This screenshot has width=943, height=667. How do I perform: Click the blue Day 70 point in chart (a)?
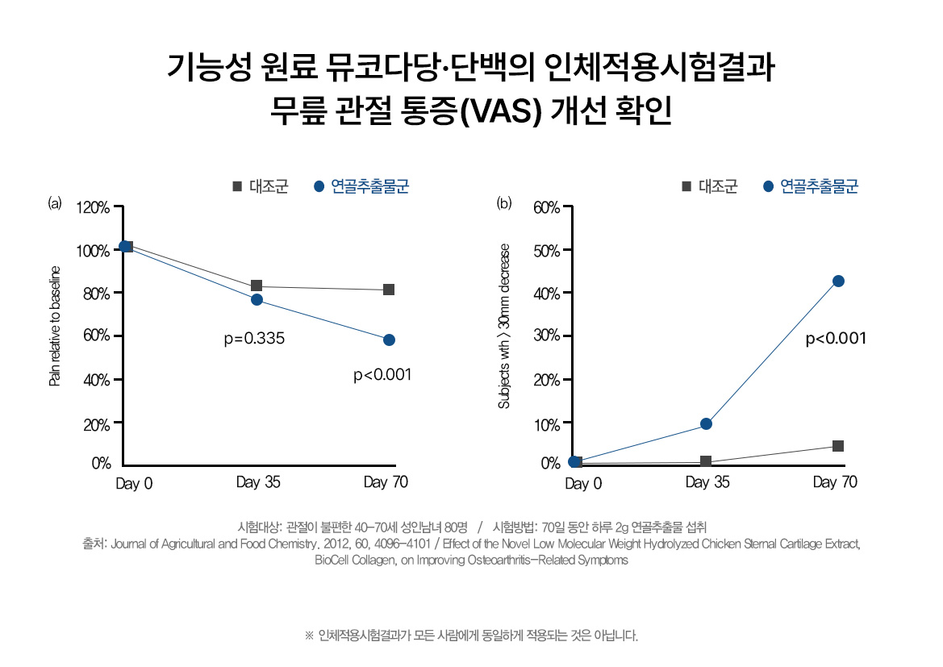[x=389, y=340]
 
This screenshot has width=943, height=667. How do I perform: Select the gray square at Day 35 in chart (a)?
[x=257, y=286]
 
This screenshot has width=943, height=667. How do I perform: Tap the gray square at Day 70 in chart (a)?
[x=389, y=290]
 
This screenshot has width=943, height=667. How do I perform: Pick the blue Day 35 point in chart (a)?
[x=257, y=299]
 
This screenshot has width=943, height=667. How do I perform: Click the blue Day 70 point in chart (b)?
[x=838, y=281]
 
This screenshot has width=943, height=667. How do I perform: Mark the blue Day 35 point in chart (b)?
[x=706, y=423]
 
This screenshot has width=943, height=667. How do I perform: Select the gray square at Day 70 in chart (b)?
[x=838, y=446]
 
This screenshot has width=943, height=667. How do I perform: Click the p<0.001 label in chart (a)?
[x=382, y=375]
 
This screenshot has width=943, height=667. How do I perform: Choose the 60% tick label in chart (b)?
[x=545, y=208]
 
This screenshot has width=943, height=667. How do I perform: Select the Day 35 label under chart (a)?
[x=259, y=482]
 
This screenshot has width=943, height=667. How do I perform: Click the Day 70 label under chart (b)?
[x=835, y=482]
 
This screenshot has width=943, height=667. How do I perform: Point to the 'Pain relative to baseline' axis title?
[x=55, y=325]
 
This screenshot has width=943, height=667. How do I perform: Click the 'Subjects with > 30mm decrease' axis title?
[x=504, y=325]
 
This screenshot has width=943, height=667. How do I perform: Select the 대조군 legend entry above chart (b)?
[x=717, y=187]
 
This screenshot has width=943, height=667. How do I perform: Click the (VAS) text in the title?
[x=498, y=110]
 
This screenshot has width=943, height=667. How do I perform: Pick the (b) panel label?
[x=504, y=202]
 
